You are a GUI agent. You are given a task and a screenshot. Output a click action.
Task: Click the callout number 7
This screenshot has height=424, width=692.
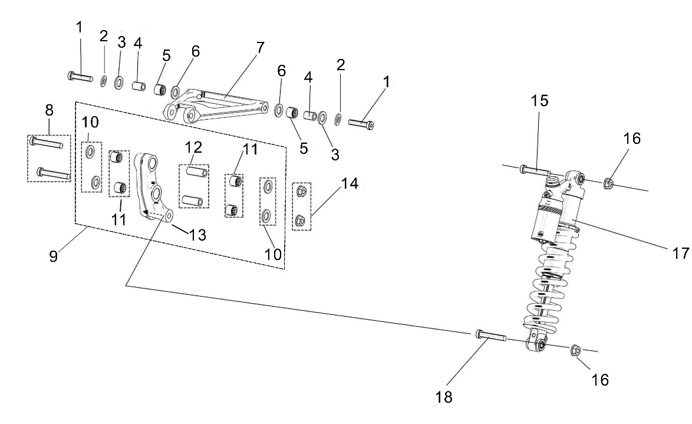[260, 48]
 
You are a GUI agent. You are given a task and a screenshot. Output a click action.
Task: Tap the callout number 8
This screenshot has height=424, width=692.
[48, 110]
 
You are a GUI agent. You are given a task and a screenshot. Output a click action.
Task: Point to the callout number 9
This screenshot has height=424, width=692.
[53, 257]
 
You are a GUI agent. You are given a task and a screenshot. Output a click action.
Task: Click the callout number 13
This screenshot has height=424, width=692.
[197, 235]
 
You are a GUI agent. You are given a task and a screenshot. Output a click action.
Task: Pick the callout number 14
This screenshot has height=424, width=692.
[350, 184]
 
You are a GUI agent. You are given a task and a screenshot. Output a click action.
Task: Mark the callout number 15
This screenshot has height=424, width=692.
[539, 101]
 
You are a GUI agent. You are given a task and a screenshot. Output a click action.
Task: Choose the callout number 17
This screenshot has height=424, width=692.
[680, 253]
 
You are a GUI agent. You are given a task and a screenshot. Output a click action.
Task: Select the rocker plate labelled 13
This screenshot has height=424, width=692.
[154, 189]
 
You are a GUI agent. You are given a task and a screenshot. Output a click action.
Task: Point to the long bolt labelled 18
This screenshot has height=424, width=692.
[490, 336]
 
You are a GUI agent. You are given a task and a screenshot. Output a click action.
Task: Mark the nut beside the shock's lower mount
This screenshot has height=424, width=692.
[576, 351]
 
